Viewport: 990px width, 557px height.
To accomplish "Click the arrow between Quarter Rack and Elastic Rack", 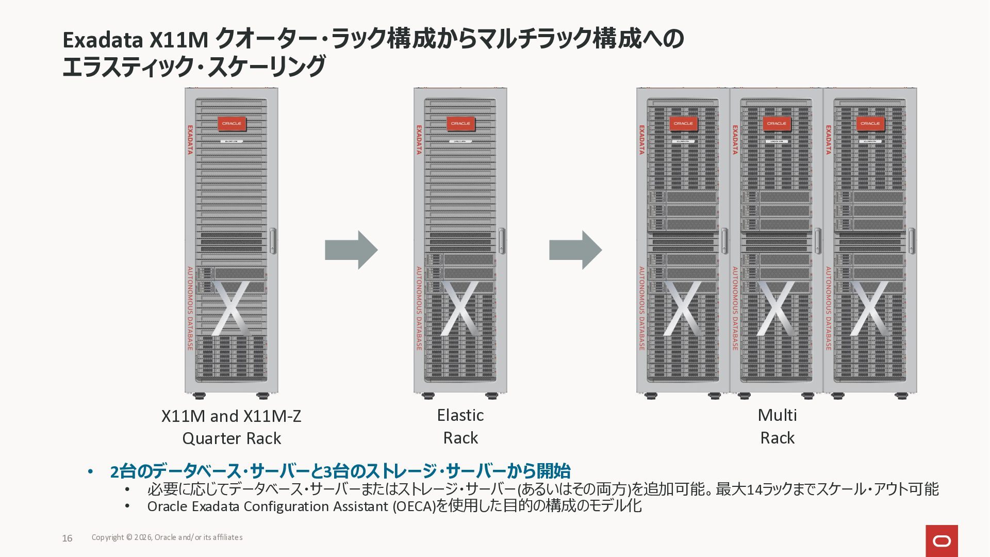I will pyautogui.click(x=351, y=250).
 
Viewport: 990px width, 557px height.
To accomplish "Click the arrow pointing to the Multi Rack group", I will pyautogui.click(x=575, y=250).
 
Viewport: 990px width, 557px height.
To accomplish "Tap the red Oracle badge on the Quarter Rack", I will pyautogui.click(x=232, y=124).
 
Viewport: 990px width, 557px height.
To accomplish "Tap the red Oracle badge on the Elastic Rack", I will pyautogui.click(x=460, y=124).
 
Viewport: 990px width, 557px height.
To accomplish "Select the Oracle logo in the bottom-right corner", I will pyautogui.click(x=942, y=540).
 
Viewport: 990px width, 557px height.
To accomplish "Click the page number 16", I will pyautogui.click(x=67, y=538).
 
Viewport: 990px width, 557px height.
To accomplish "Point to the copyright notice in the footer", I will pyautogui.click(x=167, y=537).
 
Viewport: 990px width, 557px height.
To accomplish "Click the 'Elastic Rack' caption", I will pyautogui.click(x=460, y=427).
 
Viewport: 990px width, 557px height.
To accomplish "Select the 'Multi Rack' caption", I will pyautogui.click(x=777, y=427).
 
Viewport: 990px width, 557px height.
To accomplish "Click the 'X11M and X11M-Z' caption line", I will pyautogui.click(x=231, y=416).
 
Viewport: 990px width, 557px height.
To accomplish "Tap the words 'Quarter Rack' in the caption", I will pyautogui.click(x=232, y=438).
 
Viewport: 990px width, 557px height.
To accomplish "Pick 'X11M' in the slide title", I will pyautogui.click(x=178, y=40).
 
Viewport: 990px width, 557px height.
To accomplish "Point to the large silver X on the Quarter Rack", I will pyautogui.click(x=230, y=308).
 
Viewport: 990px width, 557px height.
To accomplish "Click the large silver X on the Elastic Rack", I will pyautogui.click(x=460, y=308).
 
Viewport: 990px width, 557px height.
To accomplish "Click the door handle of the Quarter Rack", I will pyautogui.click(x=273, y=241).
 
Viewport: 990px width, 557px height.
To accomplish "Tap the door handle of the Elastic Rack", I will pyautogui.click(x=502, y=241).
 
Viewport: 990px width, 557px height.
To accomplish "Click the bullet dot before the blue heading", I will pyautogui.click(x=91, y=472).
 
